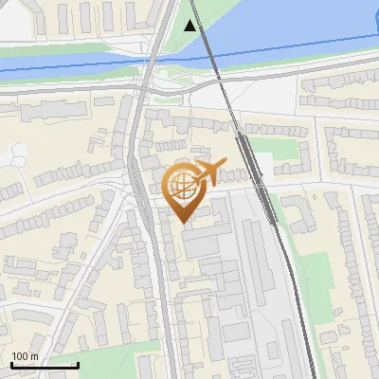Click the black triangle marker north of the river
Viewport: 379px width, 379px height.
192,25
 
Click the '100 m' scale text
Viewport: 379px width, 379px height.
26,356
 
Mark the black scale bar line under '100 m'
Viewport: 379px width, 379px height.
44,365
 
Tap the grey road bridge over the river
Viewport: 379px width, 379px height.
152,63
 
